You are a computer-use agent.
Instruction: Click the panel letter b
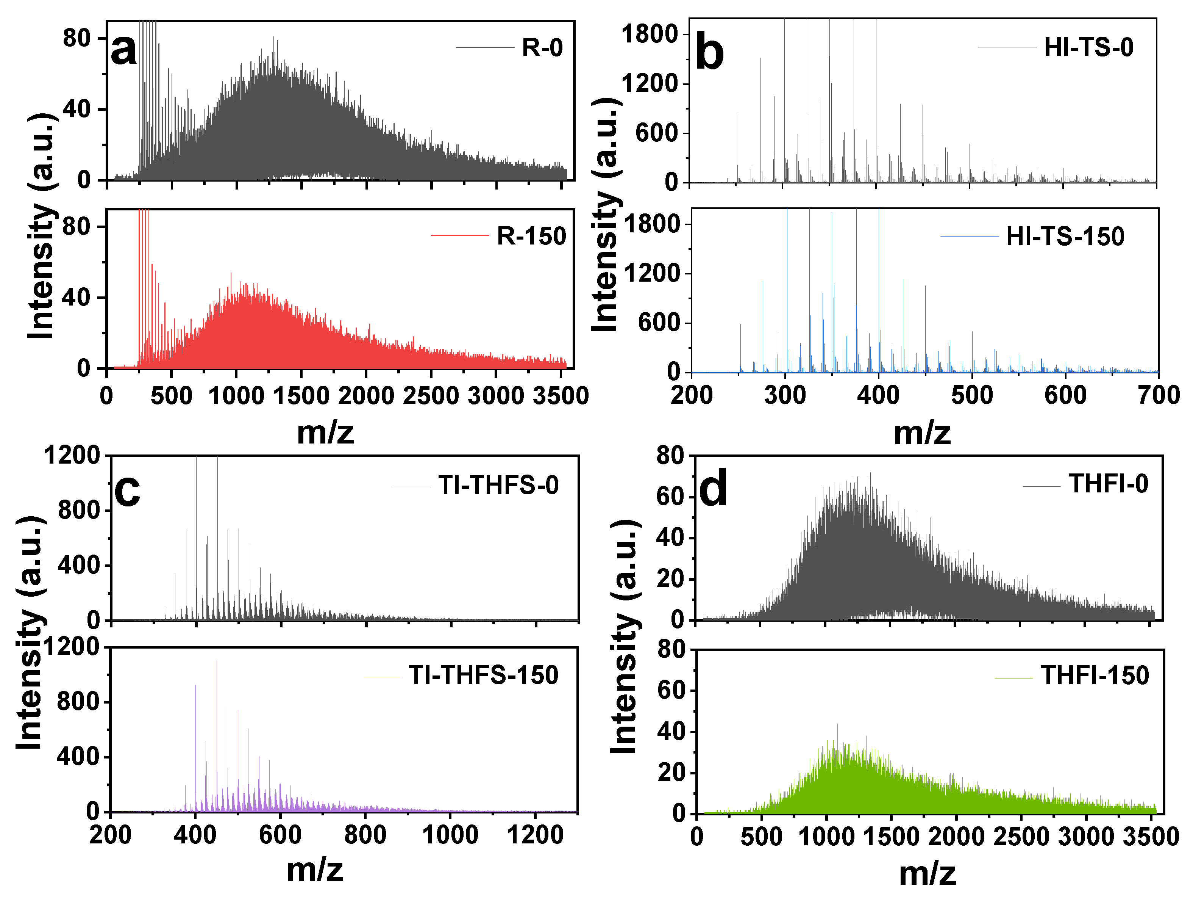point(709,54)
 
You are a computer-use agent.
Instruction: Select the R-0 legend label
point(542,48)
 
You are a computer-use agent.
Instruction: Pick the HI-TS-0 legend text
point(1088,47)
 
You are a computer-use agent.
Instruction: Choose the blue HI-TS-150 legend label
point(1065,237)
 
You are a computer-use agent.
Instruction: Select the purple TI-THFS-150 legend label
point(483,675)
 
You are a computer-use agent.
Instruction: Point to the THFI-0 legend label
point(1108,484)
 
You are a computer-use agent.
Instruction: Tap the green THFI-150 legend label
point(1095,675)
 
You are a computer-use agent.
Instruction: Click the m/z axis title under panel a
point(325,432)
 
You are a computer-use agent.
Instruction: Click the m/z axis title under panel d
point(927,874)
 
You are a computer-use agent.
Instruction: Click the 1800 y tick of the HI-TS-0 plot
point(649,34)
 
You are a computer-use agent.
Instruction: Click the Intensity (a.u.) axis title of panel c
point(30,633)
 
